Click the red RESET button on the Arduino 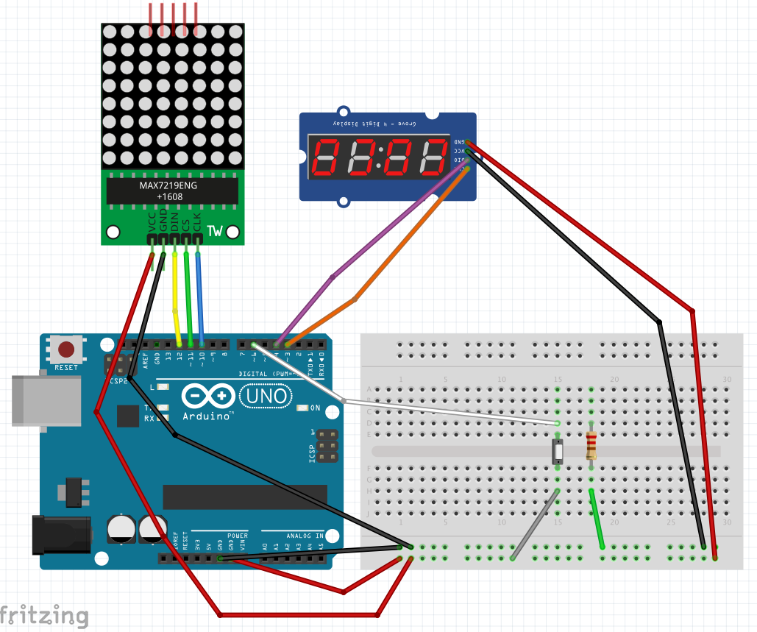(x=66, y=349)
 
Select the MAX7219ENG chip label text (x=168, y=185)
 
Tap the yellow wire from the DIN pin (x=175, y=294)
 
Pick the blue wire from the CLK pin (x=200, y=294)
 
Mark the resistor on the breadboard (x=591, y=446)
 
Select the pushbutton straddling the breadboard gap (x=558, y=450)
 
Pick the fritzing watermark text (x=44, y=615)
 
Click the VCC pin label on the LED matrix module (x=152, y=221)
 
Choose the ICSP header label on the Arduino (x=313, y=450)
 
